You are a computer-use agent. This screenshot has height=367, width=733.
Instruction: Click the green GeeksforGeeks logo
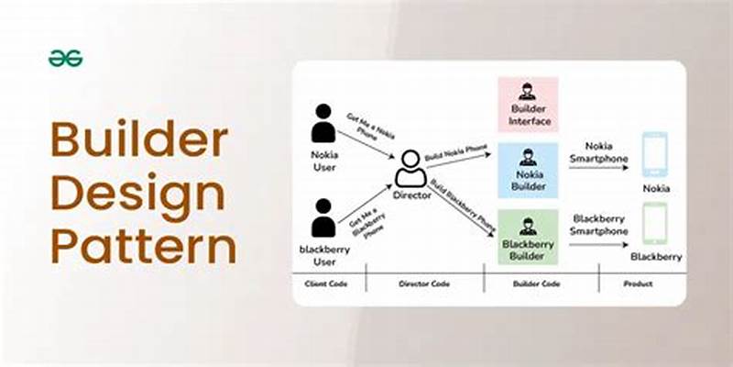[65, 59]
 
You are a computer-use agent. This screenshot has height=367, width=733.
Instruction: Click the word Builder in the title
[138, 141]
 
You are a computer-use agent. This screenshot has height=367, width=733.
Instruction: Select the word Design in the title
[137, 195]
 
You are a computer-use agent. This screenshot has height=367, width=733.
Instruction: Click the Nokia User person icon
[323, 123]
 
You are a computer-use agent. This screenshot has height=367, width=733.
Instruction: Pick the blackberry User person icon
[323, 218]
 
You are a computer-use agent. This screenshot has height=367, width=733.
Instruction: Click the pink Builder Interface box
[527, 105]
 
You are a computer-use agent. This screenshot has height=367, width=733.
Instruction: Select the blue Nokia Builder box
[527, 170]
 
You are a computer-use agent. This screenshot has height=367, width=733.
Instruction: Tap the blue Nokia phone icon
[655, 154]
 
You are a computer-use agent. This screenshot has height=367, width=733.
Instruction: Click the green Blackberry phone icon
[655, 223]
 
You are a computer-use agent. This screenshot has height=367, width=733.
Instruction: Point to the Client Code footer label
[329, 284]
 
